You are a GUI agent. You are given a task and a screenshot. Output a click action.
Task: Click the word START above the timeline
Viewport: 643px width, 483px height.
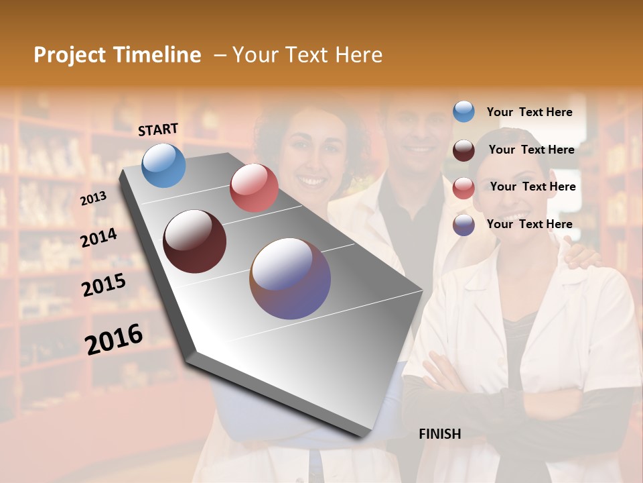click(158, 129)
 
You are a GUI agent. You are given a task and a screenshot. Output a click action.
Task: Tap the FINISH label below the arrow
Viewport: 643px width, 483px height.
click(439, 434)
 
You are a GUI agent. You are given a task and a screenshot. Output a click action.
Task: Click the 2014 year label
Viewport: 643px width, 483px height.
click(98, 238)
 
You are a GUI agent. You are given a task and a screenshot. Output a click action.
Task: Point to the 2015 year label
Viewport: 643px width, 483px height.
click(103, 285)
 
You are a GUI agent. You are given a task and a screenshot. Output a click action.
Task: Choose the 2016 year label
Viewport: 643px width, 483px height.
click(114, 339)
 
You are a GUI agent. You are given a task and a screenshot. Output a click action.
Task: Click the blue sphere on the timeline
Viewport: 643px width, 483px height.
click(163, 165)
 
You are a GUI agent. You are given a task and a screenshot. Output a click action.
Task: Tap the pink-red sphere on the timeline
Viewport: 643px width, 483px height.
click(254, 188)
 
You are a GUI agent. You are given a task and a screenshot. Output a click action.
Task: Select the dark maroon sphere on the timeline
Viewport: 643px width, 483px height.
click(195, 241)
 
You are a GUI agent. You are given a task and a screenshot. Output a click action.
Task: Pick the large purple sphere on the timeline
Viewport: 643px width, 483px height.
click(290, 278)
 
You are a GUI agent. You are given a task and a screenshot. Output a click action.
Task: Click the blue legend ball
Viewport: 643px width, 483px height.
click(463, 112)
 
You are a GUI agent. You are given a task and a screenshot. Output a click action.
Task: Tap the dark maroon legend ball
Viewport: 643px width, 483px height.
click(463, 150)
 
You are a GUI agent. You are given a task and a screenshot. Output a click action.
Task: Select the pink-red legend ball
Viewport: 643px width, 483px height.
click(463, 188)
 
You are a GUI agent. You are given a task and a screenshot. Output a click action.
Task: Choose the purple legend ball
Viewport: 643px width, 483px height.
click(463, 225)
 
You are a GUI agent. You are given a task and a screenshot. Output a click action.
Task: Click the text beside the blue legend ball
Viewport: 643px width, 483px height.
click(529, 112)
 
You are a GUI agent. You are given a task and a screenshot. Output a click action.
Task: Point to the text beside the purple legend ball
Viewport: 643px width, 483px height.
click(529, 224)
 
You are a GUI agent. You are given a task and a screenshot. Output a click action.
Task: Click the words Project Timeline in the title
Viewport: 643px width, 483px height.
click(117, 55)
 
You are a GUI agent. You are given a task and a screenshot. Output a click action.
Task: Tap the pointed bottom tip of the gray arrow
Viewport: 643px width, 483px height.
click(365, 435)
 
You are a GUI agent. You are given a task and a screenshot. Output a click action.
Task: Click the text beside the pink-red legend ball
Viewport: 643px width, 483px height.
click(532, 186)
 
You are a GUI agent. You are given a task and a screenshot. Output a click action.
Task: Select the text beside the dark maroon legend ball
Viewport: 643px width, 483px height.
click(531, 150)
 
